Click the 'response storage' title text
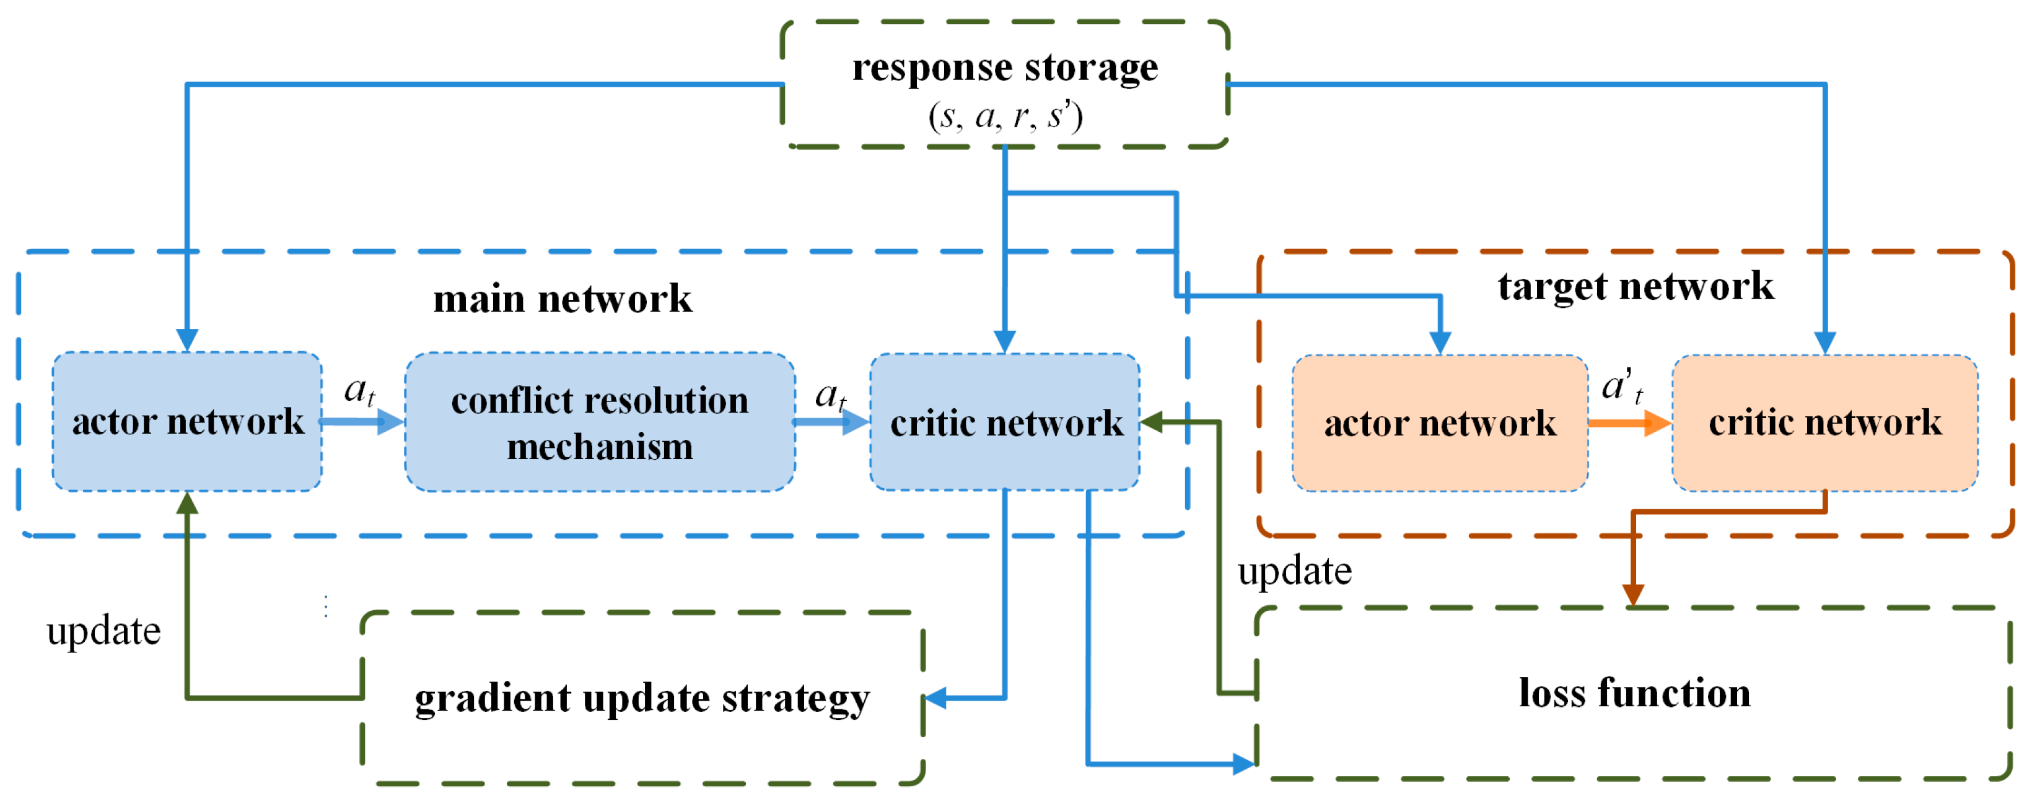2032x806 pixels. click(x=1004, y=68)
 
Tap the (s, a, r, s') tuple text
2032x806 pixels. click(x=1004, y=116)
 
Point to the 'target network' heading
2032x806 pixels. click(x=1636, y=286)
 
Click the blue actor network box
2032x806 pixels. click(x=187, y=422)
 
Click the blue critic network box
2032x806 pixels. click(x=1005, y=424)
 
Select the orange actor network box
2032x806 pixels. click(x=1440, y=424)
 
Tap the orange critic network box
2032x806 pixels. click(x=1824, y=424)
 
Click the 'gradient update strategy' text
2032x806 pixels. click(x=642, y=699)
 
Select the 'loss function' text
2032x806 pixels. click(x=1634, y=694)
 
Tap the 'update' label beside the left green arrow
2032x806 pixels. click(x=103, y=631)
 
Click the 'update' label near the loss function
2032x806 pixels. click(x=1294, y=571)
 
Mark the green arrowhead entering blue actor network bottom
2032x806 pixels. click(x=187, y=503)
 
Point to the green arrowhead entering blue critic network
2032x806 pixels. click(x=1152, y=422)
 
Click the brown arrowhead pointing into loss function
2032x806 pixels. click(x=1633, y=594)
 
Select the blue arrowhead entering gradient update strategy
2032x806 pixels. click(x=935, y=698)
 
